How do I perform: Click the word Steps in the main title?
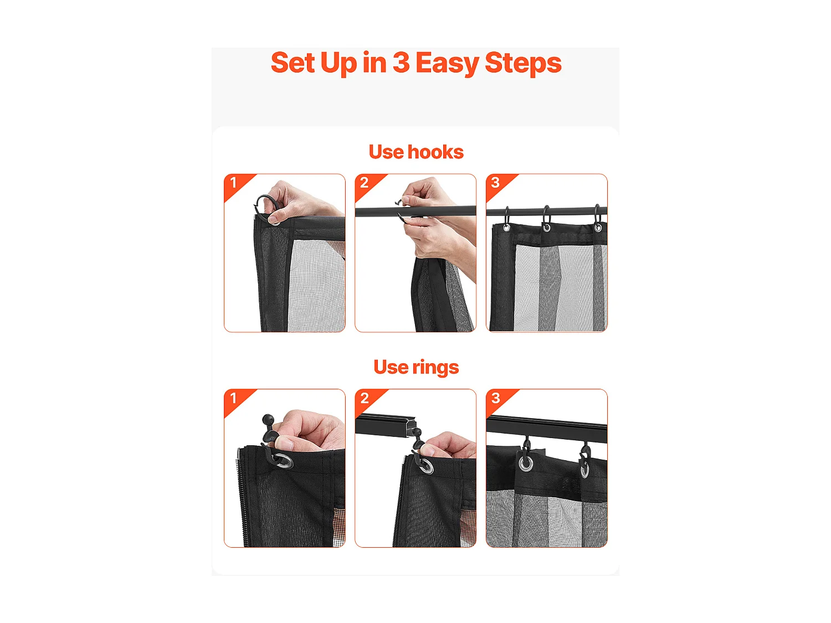pos(523,64)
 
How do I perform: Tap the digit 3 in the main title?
pos(401,63)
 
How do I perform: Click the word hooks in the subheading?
pos(435,152)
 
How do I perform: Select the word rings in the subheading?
pos(435,368)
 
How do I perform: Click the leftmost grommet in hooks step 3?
pos(506,228)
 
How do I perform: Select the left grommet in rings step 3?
pos(526,463)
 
